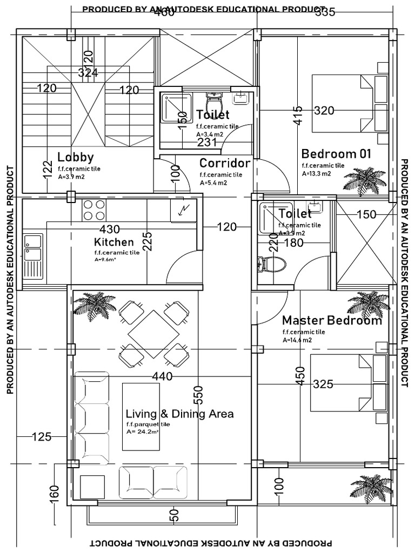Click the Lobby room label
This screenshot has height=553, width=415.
pos(76,157)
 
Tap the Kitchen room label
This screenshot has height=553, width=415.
pos(113,241)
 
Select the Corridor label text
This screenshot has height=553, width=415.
pos(225,163)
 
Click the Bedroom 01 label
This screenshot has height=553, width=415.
pos(336,153)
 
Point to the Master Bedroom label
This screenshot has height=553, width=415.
pos(332,321)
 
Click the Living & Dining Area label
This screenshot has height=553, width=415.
pos(179,414)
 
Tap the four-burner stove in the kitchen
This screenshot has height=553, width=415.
pos(94,210)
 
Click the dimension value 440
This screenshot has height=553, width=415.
pos(162,376)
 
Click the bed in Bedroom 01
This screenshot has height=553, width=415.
pos(349,103)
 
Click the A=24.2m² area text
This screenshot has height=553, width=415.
pos(143,431)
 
